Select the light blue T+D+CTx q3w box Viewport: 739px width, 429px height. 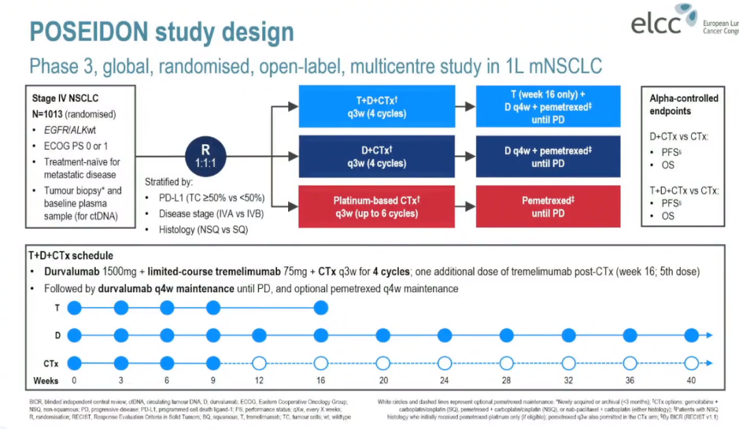click(376, 107)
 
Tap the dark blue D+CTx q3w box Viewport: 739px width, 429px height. click(376, 157)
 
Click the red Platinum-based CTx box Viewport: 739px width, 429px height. click(376, 207)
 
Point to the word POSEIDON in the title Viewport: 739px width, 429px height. click(90, 31)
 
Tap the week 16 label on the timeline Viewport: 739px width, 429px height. click(320, 380)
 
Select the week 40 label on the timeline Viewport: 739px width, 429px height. click(691, 380)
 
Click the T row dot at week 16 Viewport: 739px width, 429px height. click(320, 309)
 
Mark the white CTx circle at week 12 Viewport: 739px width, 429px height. click(259, 363)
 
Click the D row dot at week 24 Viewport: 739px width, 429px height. click(445, 335)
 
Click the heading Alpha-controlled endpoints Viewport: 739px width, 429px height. click(683, 105)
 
